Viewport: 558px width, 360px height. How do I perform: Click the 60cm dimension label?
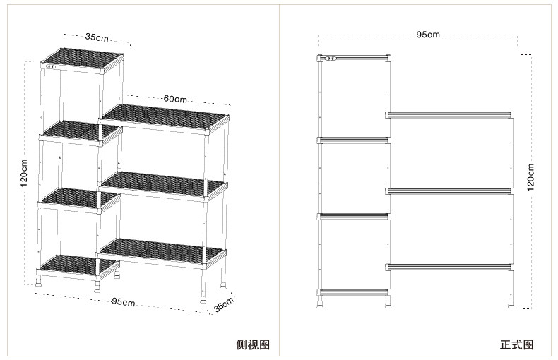(x=174, y=99)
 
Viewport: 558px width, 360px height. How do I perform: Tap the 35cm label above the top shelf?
(x=97, y=37)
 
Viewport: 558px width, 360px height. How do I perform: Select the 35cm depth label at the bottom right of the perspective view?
(x=223, y=306)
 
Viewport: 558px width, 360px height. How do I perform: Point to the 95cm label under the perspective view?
(x=124, y=302)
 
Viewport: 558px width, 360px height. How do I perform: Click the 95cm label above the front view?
(x=427, y=34)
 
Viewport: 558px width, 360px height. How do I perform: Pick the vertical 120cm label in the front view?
(x=530, y=176)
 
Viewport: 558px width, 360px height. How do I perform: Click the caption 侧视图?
(x=252, y=345)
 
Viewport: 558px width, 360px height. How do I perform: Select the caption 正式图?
(x=516, y=345)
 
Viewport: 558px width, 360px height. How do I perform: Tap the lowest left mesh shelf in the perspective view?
(x=77, y=263)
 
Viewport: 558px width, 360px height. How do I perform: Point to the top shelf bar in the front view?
(x=354, y=58)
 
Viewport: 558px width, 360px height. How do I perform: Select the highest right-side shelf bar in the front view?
(x=449, y=114)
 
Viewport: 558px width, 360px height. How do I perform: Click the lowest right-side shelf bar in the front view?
(x=449, y=266)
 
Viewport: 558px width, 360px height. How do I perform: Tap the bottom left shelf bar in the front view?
(x=354, y=292)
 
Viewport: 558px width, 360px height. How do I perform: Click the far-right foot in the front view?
(x=510, y=304)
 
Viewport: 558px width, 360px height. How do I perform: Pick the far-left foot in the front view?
(x=322, y=304)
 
